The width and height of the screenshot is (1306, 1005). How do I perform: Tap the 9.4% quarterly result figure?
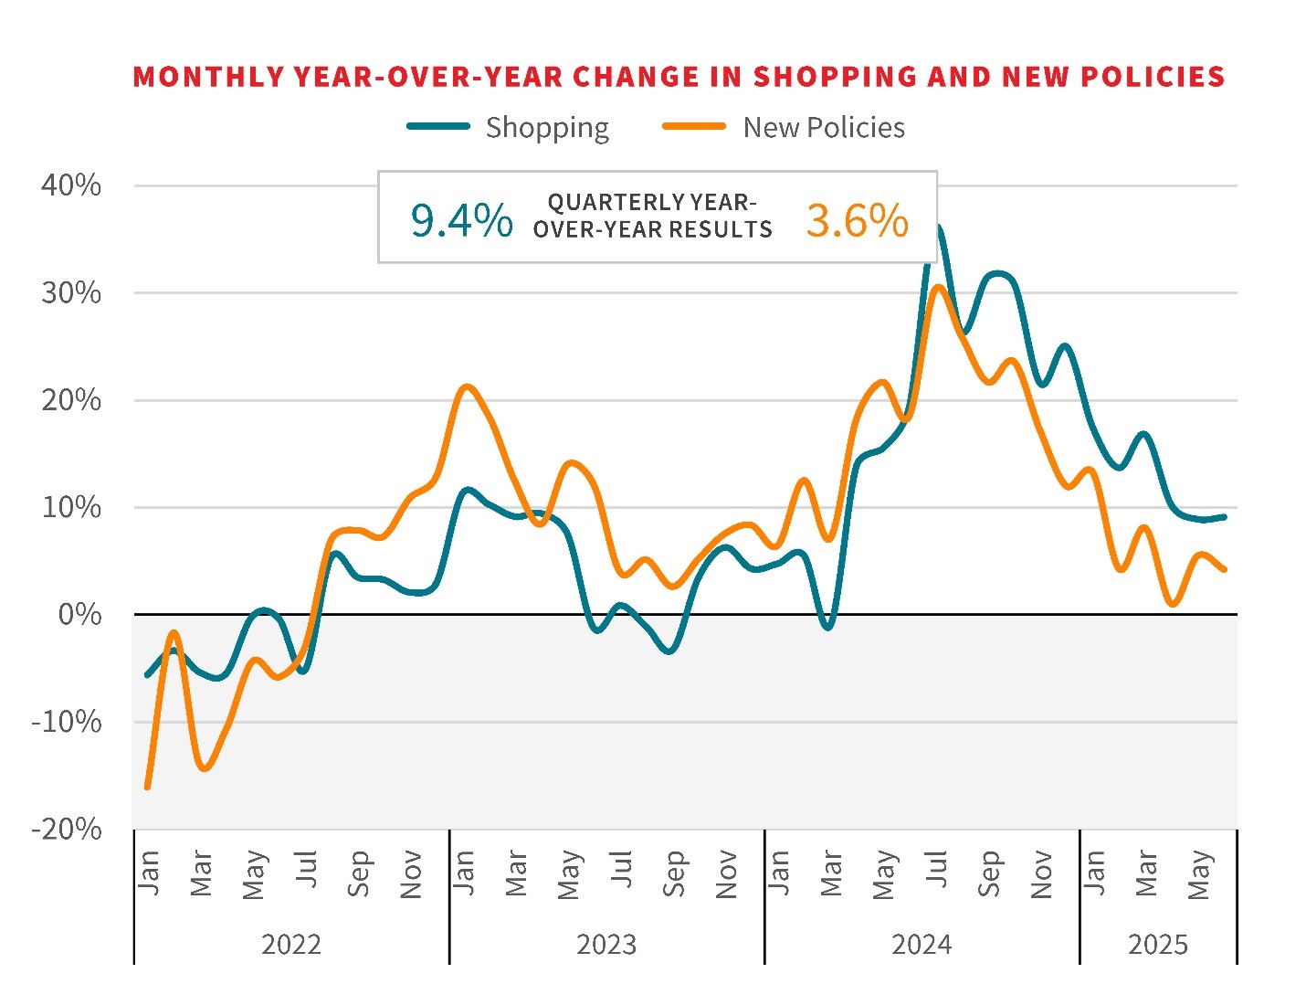(461, 220)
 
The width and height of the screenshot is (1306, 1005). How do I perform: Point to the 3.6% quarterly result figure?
(857, 220)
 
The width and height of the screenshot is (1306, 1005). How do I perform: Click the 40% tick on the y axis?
(71, 185)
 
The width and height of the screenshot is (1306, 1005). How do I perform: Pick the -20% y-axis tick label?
(67, 829)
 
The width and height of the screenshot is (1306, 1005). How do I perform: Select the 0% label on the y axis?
(79, 614)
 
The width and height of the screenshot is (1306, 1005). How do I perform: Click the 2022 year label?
(291, 944)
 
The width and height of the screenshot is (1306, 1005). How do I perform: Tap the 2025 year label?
(1158, 944)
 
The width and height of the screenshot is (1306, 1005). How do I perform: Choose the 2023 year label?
(606, 944)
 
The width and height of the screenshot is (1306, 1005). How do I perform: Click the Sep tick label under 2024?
(989, 874)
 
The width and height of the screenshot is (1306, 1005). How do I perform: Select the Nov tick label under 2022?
(411, 874)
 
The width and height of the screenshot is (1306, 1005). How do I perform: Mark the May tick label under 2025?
(1199, 875)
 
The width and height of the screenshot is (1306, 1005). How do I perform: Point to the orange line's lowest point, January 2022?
(148, 787)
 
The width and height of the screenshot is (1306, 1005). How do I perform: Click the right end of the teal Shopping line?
(1224, 517)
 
